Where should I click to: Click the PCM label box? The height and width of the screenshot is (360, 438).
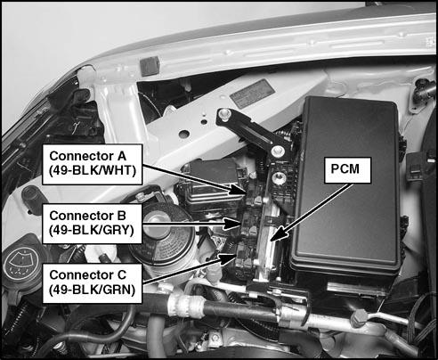click(x=347, y=170)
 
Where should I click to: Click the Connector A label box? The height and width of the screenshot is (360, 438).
click(x=93, y=164)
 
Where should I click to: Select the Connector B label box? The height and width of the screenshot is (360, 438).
click(x=93, y=224)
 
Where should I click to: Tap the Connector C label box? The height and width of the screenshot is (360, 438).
click(x=93, y=283)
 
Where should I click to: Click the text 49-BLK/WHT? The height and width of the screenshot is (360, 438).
click(x=93, y=171)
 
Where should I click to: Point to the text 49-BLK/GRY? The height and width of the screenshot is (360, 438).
click(x=92, y=230)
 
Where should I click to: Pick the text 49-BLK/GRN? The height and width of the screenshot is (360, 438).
click(x=93, y=290)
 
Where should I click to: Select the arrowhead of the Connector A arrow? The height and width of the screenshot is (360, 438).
click(x=237, y=189)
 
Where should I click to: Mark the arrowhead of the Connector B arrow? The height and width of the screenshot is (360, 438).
click(x=232, y=224)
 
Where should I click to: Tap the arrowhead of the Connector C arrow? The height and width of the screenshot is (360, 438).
click(x=229, y=258)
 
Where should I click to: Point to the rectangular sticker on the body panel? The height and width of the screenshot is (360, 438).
click(x=252, y=94)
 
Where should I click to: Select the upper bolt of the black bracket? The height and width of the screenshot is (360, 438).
click(x=224, y=114)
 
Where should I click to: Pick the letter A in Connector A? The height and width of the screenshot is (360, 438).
click(x=121, y=156)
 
